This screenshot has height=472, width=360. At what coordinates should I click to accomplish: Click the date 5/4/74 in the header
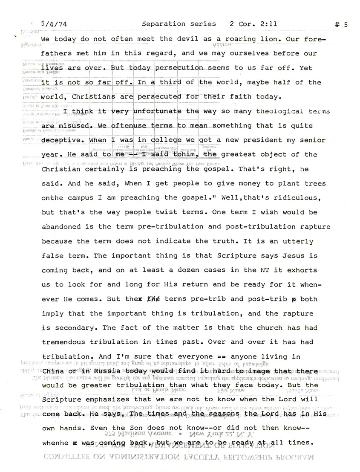[x=53, y=24]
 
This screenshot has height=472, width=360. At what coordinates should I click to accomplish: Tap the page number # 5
[x=341, y=25]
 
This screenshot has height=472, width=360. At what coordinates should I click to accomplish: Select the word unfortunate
[x=159, y=111]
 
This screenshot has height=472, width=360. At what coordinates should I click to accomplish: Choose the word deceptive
[x=63, y=140]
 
